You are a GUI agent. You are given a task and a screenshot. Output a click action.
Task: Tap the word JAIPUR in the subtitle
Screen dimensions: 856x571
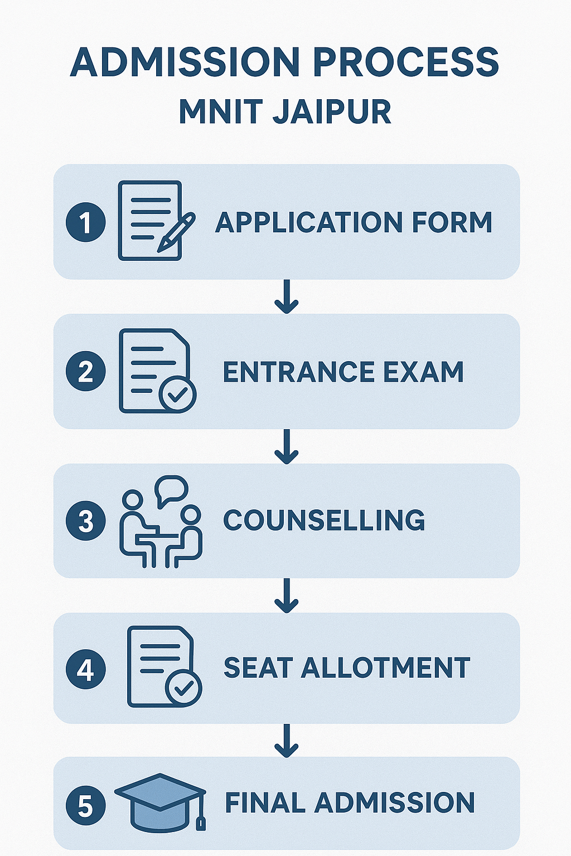332,111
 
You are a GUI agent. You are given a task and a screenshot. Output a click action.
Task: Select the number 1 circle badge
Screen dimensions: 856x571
86,222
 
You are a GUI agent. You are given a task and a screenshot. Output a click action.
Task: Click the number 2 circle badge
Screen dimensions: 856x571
86,371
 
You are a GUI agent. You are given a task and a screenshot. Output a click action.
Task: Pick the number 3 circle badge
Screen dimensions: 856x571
86,521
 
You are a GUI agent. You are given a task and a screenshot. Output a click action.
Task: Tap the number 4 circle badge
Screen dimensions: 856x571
86,669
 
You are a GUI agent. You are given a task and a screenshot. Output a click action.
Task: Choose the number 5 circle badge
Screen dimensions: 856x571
86,805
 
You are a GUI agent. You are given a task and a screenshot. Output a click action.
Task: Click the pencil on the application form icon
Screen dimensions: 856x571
176,232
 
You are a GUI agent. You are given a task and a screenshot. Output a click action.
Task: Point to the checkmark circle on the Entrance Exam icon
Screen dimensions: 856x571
177,395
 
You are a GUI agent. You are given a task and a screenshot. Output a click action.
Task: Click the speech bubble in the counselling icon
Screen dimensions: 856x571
171,489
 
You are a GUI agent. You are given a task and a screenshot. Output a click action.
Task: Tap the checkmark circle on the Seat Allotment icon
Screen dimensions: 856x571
183,689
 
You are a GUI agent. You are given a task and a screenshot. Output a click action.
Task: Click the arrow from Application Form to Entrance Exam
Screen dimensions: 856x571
287,296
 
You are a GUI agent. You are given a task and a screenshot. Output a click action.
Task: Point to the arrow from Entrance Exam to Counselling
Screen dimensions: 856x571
287,446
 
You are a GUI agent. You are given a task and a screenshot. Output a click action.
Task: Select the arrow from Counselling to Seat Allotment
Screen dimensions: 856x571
287,596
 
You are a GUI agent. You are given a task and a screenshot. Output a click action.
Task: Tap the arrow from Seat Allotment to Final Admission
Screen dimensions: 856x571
287,741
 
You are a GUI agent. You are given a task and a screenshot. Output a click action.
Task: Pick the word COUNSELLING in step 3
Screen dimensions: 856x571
324,521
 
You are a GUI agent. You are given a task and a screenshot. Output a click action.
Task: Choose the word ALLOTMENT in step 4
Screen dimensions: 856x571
386,668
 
